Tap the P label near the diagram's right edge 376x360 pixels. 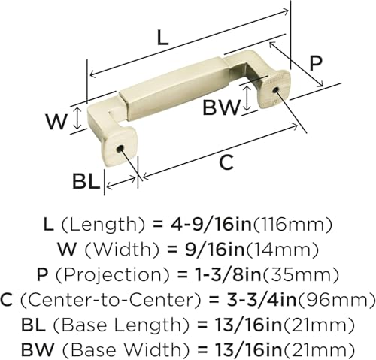315,63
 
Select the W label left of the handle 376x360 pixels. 56,122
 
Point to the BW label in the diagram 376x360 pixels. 221,107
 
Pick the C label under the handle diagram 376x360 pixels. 226,163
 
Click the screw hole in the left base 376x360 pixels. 120,149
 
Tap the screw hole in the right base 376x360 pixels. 275,89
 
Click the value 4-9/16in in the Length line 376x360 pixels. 211,225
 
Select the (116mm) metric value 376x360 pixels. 293,225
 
